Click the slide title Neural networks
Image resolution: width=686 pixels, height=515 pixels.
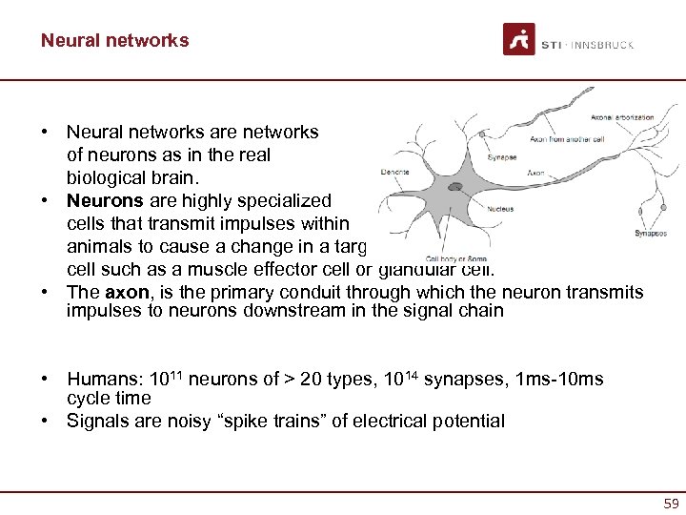point(114,40)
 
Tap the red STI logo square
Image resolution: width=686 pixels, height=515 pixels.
point(519,39)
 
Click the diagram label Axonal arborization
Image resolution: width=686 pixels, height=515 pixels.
point(622,117)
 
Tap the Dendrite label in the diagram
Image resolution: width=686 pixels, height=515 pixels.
point(394,172)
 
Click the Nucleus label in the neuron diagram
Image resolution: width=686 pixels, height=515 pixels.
point(501,208)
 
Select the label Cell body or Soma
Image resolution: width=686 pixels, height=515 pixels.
point(456,258)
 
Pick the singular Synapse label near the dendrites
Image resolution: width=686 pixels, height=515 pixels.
point(500,158)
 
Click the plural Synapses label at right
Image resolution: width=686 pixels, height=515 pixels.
point(651,234)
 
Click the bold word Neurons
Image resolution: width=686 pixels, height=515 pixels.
point(104,201)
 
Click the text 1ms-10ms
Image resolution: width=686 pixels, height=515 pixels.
point(559,380)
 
